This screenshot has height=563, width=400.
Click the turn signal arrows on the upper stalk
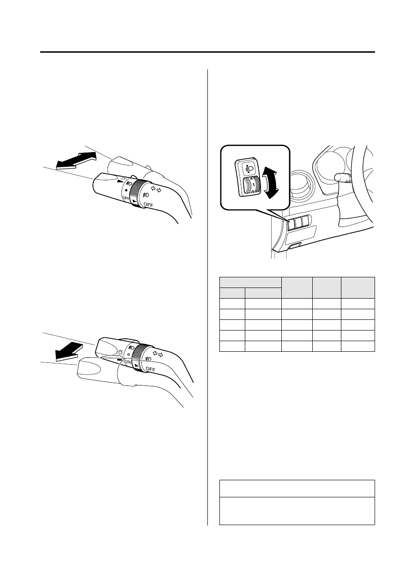coord(156,189)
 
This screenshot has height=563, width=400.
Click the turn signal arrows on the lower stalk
coord(158,354)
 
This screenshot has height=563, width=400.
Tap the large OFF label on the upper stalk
coord(148,205)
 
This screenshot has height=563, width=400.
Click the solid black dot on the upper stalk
coord(126,190)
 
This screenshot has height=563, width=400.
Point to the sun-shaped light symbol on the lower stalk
coord(120,351)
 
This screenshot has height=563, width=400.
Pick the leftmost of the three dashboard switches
coord(291,223)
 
